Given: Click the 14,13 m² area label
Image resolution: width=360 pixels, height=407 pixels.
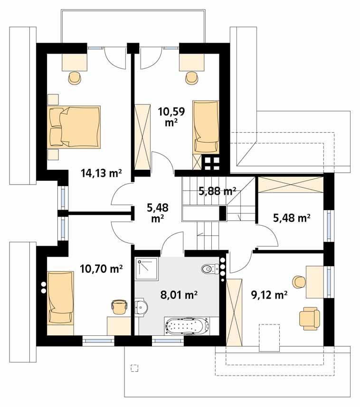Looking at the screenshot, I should point(101,173).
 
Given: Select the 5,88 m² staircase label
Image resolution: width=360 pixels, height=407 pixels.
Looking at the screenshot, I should point(217,192).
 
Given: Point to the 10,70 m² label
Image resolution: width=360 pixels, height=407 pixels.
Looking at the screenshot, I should point(101,269).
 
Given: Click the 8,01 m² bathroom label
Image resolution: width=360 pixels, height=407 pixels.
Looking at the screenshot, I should point(178,295).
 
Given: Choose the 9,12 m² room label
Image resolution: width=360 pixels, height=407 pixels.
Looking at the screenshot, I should point(269,295).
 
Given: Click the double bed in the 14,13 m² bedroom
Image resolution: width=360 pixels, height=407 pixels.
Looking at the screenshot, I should point(75,126).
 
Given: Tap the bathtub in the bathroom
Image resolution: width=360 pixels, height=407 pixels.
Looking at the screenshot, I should point(187,326).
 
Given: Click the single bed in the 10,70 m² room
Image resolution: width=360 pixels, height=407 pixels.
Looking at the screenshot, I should point(61,297).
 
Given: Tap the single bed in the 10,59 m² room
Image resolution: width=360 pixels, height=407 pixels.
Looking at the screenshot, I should point(206,127).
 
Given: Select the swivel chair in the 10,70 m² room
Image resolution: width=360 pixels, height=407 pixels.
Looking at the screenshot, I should point(120,306).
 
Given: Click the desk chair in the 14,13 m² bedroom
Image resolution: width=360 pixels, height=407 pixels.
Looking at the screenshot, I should point(75,78).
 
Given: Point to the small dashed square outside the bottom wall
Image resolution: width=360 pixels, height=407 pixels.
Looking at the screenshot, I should point(134,367).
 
